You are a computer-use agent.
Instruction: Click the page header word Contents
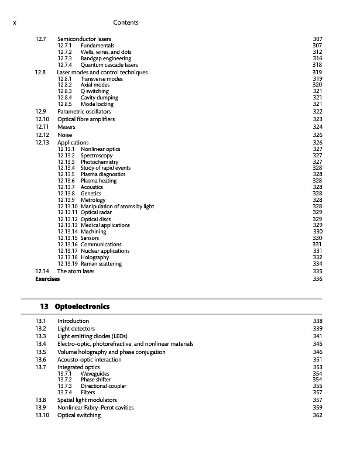point(127,22)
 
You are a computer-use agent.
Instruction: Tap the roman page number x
point(14,22)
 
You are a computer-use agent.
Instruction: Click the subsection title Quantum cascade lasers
point(109,65)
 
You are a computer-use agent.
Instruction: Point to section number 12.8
point(40,73)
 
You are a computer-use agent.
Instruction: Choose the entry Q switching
point(95,91)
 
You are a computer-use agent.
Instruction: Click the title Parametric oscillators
point(84,111)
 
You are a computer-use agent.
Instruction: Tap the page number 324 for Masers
point(318,127)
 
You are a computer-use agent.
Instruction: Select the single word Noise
point(65,135)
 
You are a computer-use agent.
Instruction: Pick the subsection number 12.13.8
point(67,193)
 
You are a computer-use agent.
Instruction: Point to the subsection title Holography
point(95,257)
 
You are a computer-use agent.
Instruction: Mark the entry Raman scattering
point(101,264)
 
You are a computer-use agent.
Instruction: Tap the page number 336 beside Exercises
point(318,279)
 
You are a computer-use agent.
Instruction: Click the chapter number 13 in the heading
point(44,307)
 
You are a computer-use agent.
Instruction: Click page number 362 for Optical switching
point(318,415)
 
